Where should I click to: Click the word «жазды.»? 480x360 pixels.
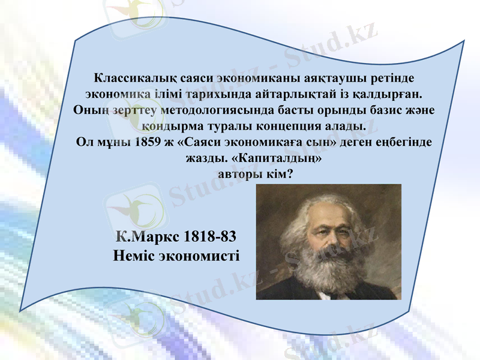[202, 160]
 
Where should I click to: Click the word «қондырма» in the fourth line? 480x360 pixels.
[170, 127]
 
